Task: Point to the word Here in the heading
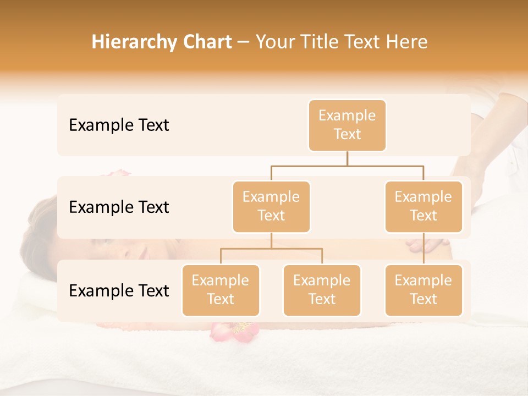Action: point(408,42)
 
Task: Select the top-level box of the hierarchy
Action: point(347,125)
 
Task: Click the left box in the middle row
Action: point(271,206)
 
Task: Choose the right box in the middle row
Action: point(424,206)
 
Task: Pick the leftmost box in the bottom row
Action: point(221,290)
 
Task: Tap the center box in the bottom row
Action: point(322,290)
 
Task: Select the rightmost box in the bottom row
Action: point(424,290)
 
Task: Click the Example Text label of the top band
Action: point(119,125)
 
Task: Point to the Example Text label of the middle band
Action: point(119,207)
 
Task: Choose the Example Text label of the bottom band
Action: point(119,290)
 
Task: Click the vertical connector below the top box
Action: point(347,158)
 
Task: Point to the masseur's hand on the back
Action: point(424,243)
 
